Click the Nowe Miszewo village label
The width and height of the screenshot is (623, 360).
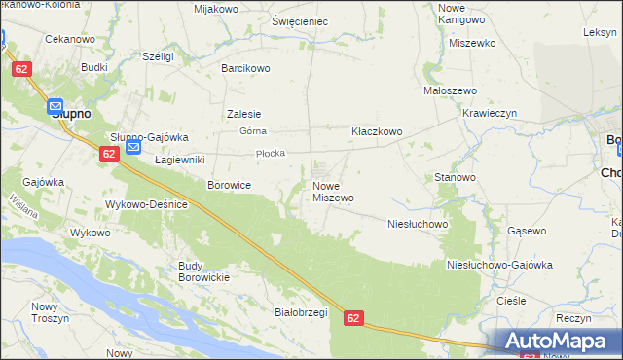332,191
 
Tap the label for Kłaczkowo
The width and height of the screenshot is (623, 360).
377,130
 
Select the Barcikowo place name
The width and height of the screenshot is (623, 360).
245,68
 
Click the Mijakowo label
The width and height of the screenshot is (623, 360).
216,9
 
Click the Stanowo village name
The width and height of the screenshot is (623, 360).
455,178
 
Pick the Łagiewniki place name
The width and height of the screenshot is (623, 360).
179,159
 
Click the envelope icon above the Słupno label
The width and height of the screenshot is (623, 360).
55,107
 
